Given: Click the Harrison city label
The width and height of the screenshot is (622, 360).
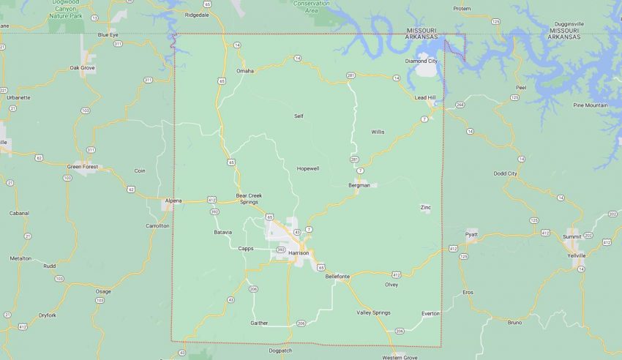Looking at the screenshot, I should click(x=299, y=252).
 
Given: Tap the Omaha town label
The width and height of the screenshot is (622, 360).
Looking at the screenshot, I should click(x=244, y=71).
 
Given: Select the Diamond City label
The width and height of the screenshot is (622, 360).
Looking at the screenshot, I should click(x=422, y=61).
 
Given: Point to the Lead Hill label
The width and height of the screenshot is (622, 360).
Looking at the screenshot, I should click(x=424, y=97).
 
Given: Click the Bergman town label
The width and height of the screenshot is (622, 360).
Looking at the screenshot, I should click(x=359, y=185).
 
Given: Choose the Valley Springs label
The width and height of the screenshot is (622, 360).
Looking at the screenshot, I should click(x=373, y=312).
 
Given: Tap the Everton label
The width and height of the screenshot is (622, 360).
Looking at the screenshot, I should click(x=430, y=313).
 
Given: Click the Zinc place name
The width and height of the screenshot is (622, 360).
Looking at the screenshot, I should click(x=425, y=207).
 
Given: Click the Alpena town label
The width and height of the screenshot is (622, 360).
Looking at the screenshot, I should click(x=173, y=200).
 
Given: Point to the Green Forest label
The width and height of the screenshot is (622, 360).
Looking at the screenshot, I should click(x=83, y=166).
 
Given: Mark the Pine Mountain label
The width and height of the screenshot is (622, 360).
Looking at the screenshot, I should click(x=590, y=105).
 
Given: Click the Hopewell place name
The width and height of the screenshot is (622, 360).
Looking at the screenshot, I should click(x=307, y=168).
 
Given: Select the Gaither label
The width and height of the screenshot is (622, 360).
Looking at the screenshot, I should click(x=259, y=323).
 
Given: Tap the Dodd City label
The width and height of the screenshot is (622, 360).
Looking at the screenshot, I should click(x=505, y=173).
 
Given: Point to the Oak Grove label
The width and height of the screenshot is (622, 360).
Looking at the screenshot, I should click(x=82, y=67).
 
